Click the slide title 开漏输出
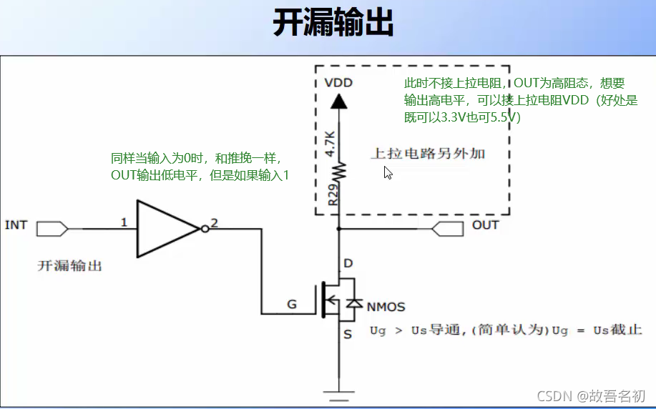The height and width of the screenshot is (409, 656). pyautogui.click(x=333, y=24)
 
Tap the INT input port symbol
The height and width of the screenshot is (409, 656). pyautogui.click(x=52, y=229)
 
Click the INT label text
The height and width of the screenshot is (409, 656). pyautogui.click(x=16, y=225)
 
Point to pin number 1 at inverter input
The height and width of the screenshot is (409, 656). pyautogui.click(x=124, y=222)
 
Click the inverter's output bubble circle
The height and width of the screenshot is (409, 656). pyautogui.click(x=205, y=229)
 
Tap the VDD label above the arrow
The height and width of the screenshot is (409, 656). pyautogui.click(x=338, y=82)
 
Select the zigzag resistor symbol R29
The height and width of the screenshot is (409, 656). pyautogui.click(x=339, y=170)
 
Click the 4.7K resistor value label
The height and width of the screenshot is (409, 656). pyautogui.click(x=330, y=144)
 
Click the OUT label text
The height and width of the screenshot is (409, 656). pyautogui.click(x=486, y=225)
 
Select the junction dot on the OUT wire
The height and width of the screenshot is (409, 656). pyautogui.click(x=339, y=230)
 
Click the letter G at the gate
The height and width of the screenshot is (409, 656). pyautogui.click(x=292, y=305)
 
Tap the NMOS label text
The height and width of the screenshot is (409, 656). pyautogui.click(x=386, y=307)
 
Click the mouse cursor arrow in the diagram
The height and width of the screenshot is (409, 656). pyautogui.click(x=388, y=172)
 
